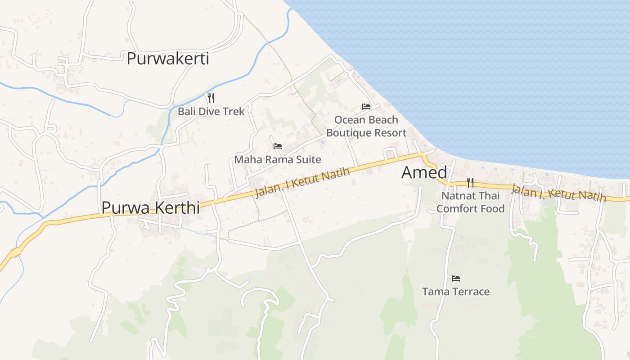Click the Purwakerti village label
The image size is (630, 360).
pyautogui.click(x=168, y=58)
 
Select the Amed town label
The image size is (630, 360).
pyautogui.click(x=424, y=172)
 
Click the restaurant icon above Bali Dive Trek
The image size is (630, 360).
pyautogui.click(x=211, y=98)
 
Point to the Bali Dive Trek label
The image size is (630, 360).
pyautogui.click(x=211, y=111)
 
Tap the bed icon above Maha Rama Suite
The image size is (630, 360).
pyautogui.click(x=278, y=146)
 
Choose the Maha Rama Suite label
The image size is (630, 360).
pyautogui.click(x=278, y=159)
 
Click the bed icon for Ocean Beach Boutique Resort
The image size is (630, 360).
pyautogui.click(x=366, y=107)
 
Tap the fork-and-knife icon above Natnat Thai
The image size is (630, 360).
pyautogui.click(x=470, y=182)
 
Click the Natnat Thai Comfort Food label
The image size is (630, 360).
pyautogui.click(x=470, y=202)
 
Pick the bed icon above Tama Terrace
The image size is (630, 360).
pyautogui.click(x=456, y=279)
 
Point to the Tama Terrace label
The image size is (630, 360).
pyautogui.click(x=456, y=292)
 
